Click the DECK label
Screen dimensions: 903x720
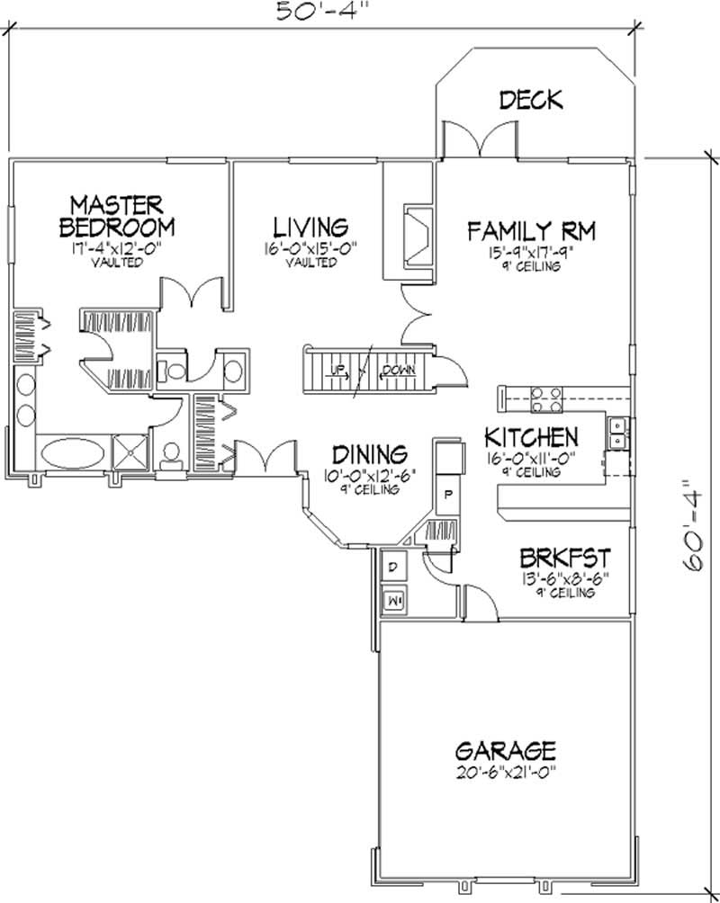coord(531,99)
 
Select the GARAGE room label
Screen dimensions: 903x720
coord(504,749)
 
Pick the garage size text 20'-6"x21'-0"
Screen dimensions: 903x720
coord(504,773)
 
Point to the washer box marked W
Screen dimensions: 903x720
coord(393,598)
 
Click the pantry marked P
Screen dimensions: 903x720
coord(447,496)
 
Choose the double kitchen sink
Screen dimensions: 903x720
coord(617,433)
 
